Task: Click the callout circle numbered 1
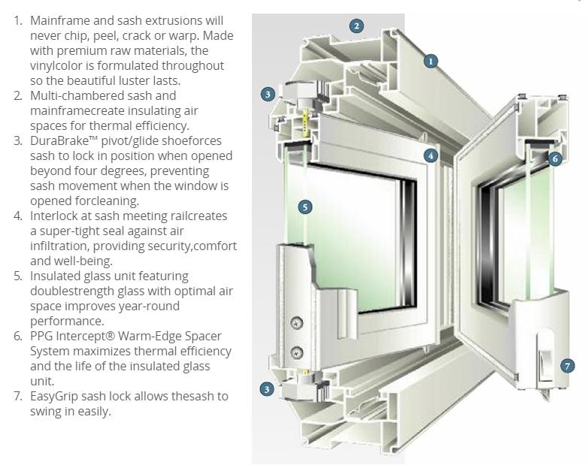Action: point(430,61)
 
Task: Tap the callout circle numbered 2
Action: point(356,26)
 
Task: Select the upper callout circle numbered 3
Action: point(267,95)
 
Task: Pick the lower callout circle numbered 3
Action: point(267,389)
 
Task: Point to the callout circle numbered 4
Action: point(430,156)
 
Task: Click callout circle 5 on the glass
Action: point(305,207)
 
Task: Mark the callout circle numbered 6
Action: point(555,159)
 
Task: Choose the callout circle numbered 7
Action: point(568,366)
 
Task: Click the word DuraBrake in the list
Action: point(63,140)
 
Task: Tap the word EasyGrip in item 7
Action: point(56,396)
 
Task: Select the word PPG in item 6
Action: point(43,336)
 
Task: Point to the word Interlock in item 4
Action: point(56,216)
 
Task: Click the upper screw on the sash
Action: point(296,322)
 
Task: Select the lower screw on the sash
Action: point(296,352)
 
